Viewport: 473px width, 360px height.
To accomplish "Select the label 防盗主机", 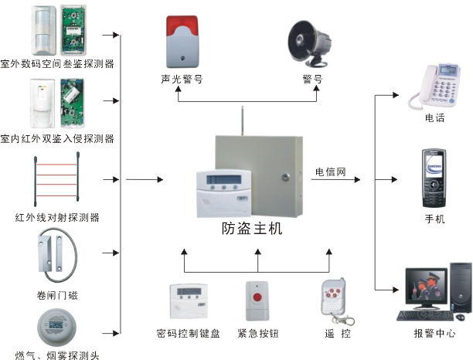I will click(252, 229).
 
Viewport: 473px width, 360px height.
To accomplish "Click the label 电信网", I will click(330, 172).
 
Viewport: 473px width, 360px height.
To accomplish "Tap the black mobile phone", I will click(434, 178).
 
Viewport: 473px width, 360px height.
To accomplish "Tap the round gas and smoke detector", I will click(56, 326).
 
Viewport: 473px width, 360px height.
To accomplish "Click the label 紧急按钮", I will click(260, 334).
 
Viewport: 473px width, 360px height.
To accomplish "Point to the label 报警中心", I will click(434, 335).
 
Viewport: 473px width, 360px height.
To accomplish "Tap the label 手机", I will click(434, 219).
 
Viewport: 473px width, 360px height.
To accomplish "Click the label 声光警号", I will click(182, 79).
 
